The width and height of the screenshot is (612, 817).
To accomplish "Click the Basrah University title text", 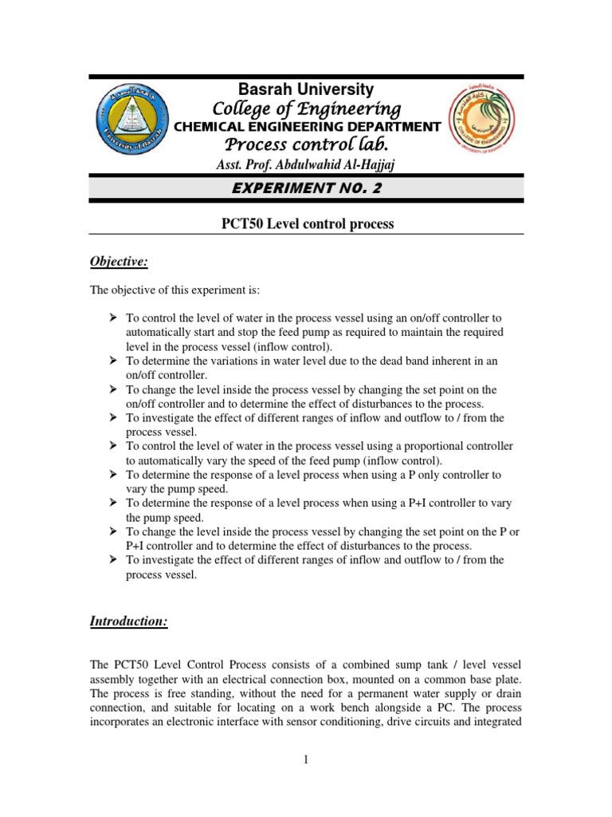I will (307, 89).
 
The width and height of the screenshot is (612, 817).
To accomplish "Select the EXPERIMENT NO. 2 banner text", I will (306, 188).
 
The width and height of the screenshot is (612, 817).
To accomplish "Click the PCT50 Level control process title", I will (307, 224).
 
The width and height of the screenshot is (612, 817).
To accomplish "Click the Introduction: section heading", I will (128, 622).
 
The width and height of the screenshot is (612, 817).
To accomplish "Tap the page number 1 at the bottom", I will (305, 759).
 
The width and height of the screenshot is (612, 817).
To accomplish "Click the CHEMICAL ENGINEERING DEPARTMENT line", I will (307, 127).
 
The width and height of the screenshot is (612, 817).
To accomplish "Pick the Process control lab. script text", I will (307, 145).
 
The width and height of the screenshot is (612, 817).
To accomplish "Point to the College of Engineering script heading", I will (307, 109).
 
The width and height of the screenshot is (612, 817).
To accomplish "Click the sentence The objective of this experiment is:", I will (173, 290).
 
